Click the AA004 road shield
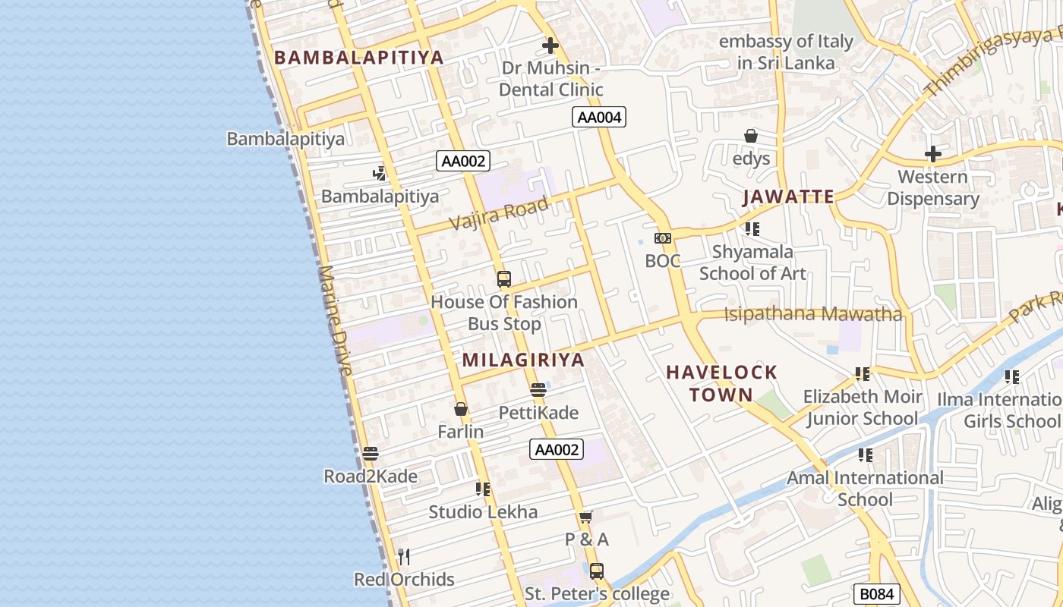click(599, 117)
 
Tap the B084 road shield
click(877, 594)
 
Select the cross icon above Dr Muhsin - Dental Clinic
click(550, 46)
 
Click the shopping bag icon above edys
click(751, 137)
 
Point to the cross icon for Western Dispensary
click(933, 155)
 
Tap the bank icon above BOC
click(663, 238)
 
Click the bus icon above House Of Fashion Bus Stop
click(504, 279)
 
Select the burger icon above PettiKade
click(538, 391)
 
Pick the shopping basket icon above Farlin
click(461, 410)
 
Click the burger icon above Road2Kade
click(371, 454)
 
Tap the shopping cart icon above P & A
click(585, 517)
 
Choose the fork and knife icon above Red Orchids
click(404, 557)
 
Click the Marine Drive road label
click(336, 320)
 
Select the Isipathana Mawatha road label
click(813, 314)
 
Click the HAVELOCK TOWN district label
click(721, 383)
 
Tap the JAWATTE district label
click(788, 197)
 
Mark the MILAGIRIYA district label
click(523, 360)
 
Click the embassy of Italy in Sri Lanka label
click(786, 52)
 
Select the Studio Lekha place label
click(483, 511)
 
